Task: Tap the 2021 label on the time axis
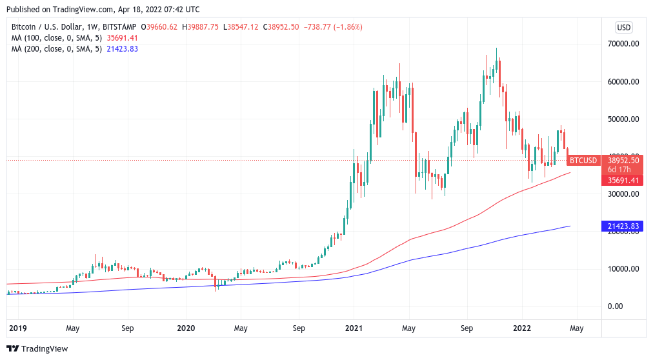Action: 354,328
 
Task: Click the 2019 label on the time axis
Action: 17,328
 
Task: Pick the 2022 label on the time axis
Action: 522,328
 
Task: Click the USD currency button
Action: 623,27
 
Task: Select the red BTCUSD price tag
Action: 583,160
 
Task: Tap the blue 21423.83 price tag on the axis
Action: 623,226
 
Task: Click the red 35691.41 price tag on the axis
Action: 623,181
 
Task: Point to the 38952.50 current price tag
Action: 623,160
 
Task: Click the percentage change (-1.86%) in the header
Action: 346,27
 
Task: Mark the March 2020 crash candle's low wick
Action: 217,288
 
